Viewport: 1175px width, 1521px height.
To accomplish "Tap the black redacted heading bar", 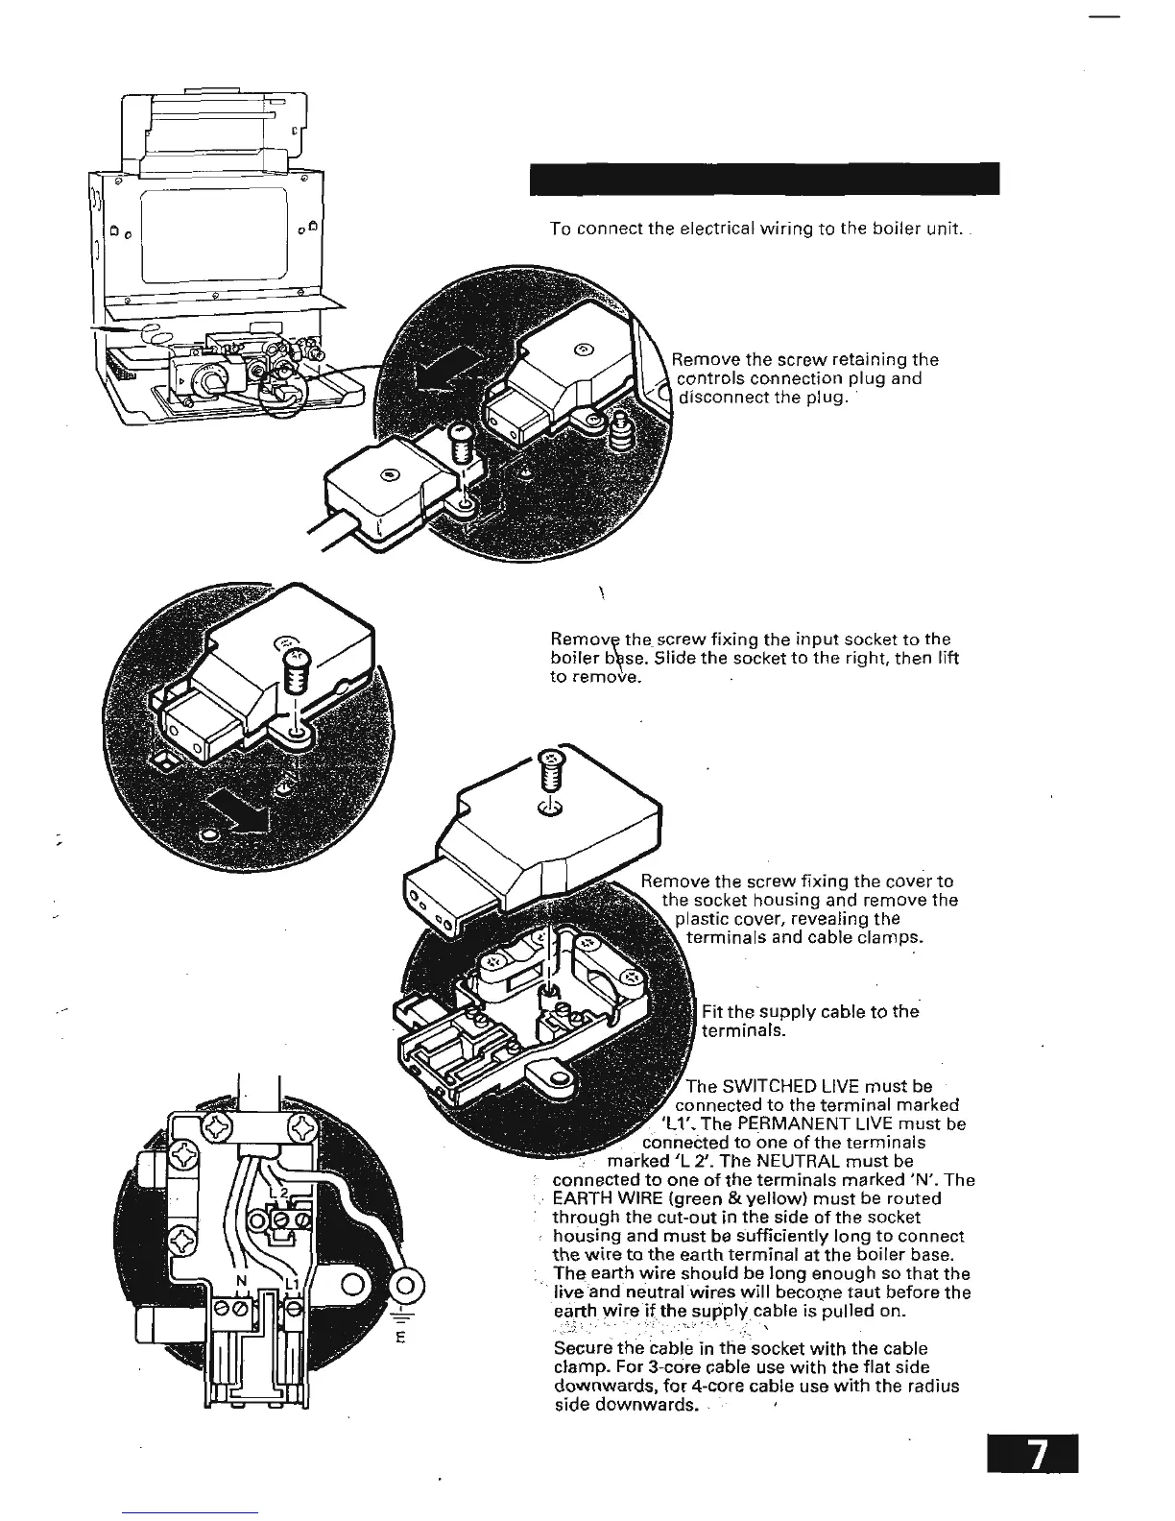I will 764,179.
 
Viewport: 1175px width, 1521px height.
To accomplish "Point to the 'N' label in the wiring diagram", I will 242,1282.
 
